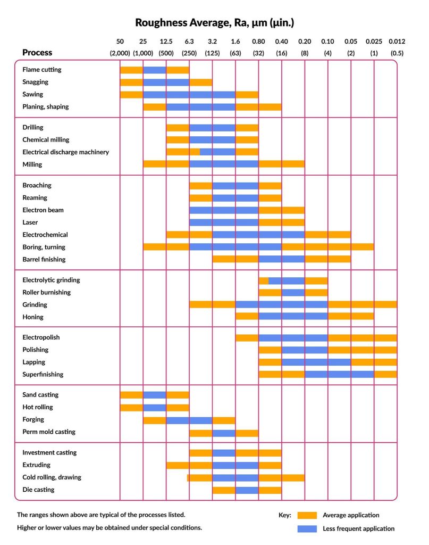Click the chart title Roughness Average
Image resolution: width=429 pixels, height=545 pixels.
(214, 22)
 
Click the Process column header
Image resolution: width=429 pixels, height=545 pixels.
(37, 53)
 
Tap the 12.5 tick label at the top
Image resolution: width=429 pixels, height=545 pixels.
(166, 41)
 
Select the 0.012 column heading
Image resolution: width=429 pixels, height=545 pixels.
(397, 41)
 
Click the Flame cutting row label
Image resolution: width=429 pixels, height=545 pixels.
(41, 70)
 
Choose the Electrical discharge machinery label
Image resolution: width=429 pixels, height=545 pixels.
(65, 152)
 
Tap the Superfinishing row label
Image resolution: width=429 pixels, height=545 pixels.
(43, 374)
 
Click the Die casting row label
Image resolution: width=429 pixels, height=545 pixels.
(38, 490)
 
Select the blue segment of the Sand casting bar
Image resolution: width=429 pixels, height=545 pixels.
(154, 395)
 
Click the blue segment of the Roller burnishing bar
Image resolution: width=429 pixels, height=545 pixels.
(293, 292)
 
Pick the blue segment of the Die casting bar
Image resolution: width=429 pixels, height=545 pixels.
(247, 490)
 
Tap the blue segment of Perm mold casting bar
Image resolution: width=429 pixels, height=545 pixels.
(224, 432)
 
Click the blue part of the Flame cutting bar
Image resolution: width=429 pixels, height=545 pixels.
(154, 70)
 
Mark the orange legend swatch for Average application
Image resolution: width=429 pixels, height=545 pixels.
(307, 515)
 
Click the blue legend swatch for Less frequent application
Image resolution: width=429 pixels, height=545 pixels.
(307, 529)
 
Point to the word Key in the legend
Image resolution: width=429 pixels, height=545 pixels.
(285, 515)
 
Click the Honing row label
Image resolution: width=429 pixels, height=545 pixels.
(33, 317)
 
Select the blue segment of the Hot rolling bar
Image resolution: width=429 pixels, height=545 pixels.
(154, 407)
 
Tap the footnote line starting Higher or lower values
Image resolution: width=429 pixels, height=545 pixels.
(109, 528)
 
